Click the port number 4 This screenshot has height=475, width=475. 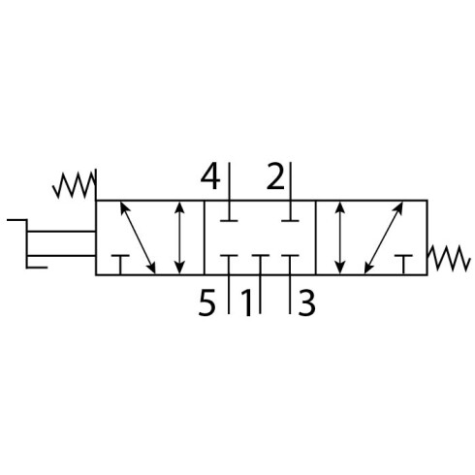(x=210, y=176)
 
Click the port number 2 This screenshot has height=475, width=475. (x=275, y=176)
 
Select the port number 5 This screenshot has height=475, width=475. (x=206, y=302)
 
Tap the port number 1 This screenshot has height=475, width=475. (x=247, y=302)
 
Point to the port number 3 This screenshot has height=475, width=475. (x=306, y=302)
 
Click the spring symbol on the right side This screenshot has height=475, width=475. (x=448, y=258)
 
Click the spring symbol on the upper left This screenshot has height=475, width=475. (x=74, y=185)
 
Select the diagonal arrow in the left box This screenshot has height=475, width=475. (x=138, y=237)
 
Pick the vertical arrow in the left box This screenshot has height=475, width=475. (x=179, y=237)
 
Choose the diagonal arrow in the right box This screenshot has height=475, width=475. (x=384, y=237)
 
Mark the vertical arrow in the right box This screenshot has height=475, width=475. (x=339, y=237)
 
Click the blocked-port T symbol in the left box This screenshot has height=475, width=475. (x=120, y=265)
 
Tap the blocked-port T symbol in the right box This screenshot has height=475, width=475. (x=403, y=265)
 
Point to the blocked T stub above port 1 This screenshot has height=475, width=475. (x=261, y=265)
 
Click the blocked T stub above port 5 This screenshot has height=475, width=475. (x=229, y=265)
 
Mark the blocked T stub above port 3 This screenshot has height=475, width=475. (x=290, y=265)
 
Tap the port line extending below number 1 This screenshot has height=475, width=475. (x=260, y=294)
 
